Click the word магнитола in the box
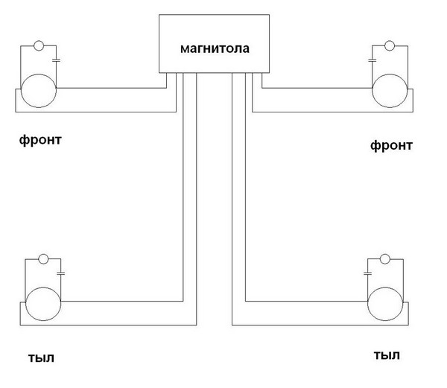pos(215,49)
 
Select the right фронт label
pos(390,145)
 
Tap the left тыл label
pos(38,357)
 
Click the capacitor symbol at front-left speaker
pos(56,58)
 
